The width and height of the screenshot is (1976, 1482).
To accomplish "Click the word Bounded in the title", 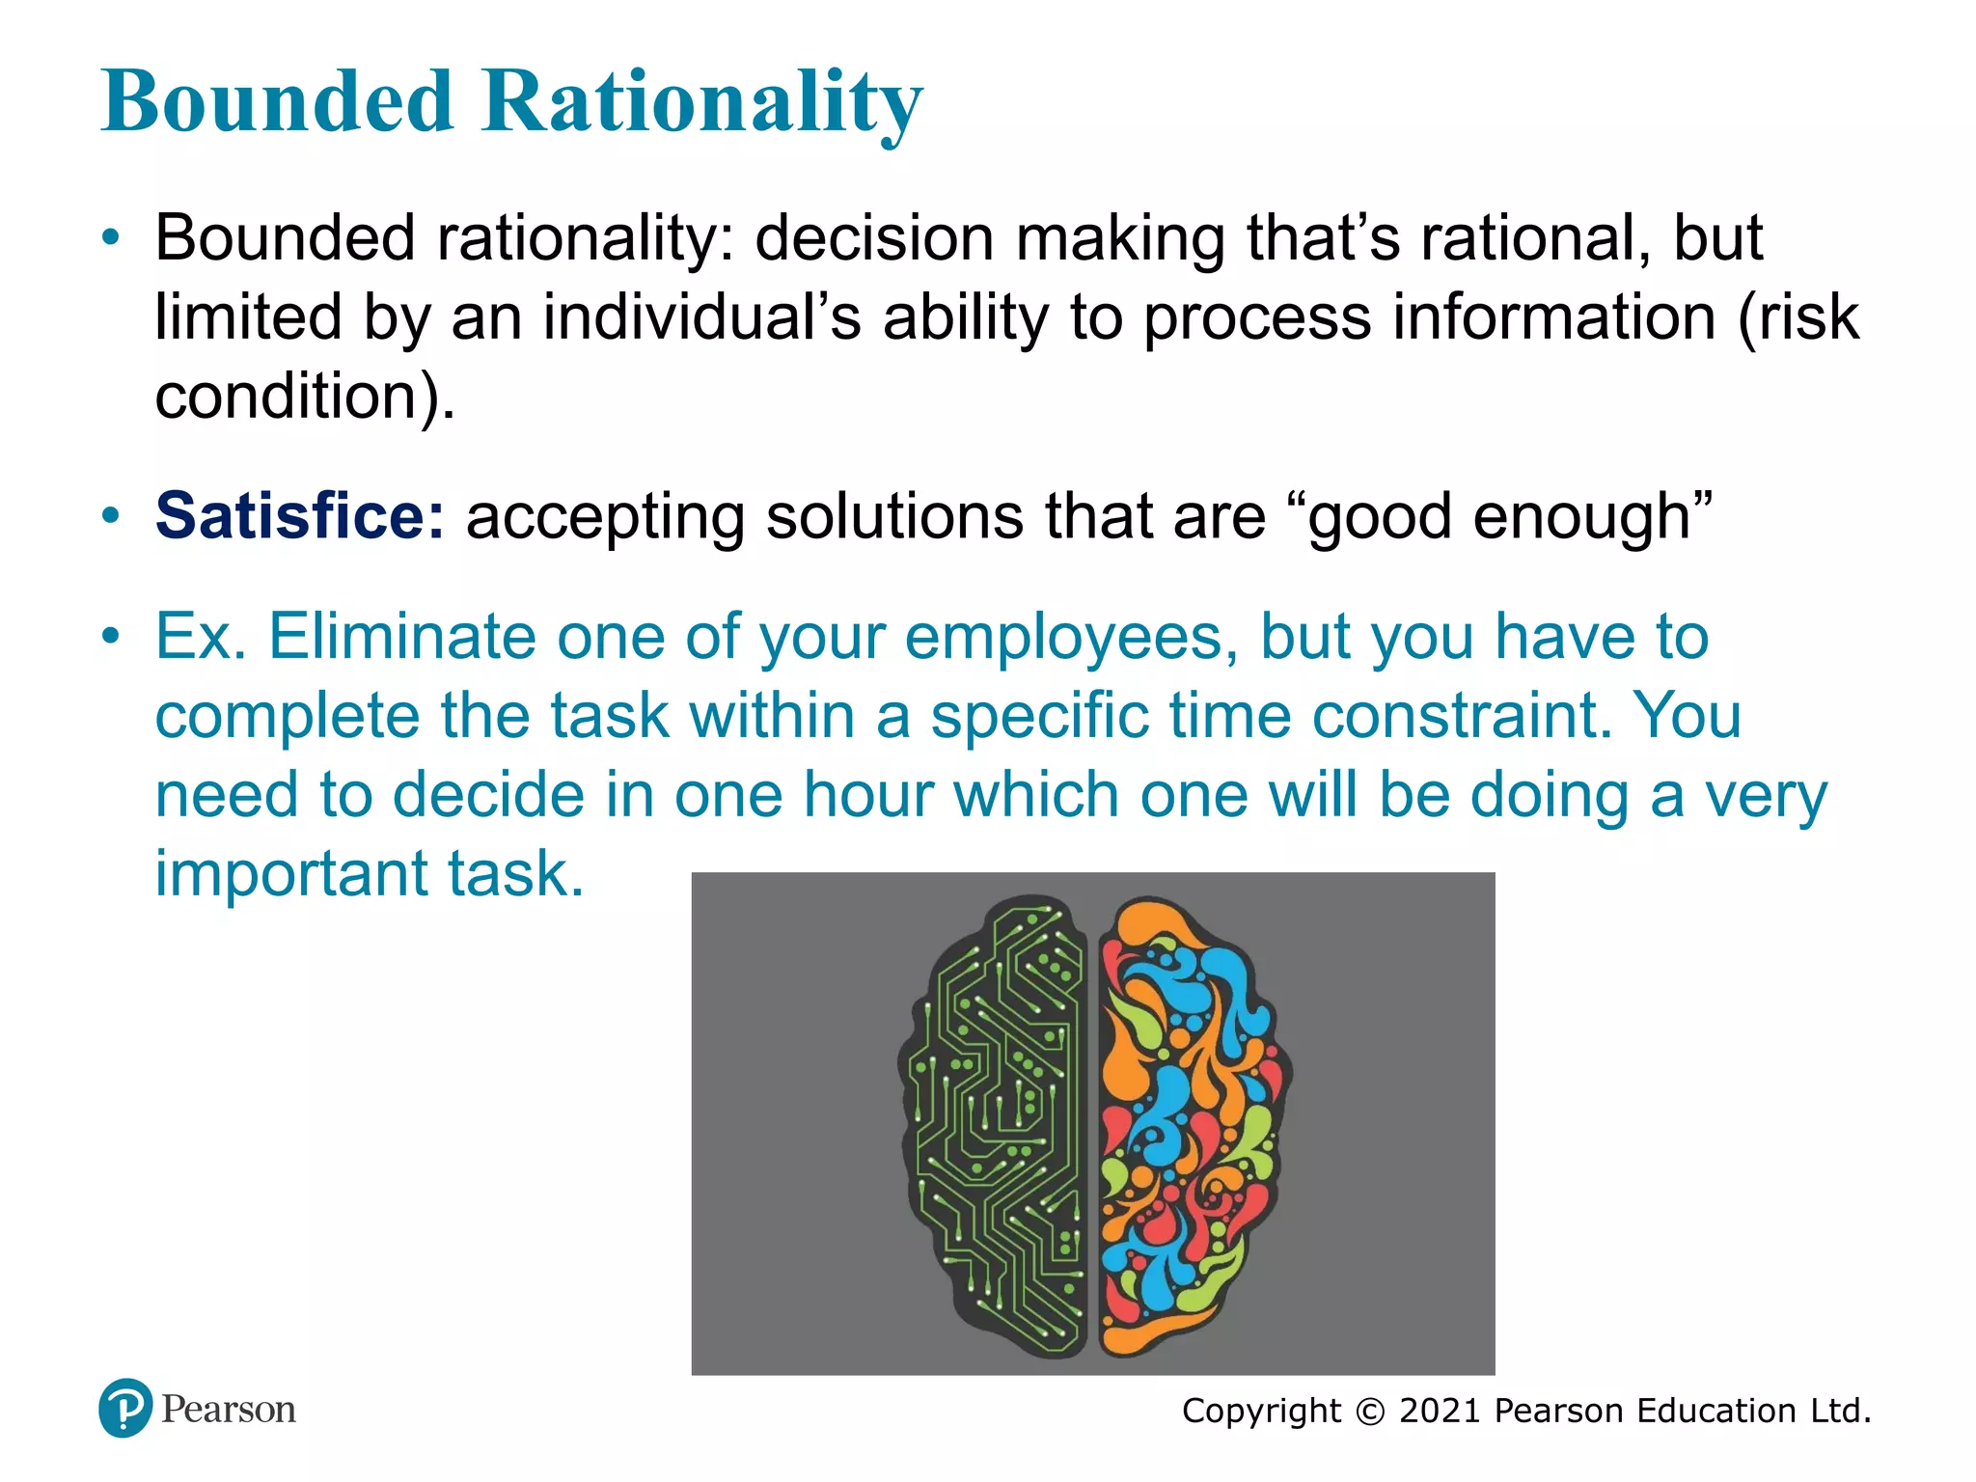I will [x=278, y=102].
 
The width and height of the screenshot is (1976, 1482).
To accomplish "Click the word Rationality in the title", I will [x=701, y=102].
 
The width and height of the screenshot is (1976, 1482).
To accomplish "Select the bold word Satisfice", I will [x=299, y=516].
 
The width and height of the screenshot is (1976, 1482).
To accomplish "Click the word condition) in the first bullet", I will [x=304, y=397].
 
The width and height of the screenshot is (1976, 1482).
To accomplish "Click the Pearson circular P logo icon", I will [x=125, y=1409].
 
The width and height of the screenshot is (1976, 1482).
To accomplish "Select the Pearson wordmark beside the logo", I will [x=229, y=1410].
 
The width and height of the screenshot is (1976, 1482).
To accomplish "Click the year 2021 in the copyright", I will [x=1440, y=1412].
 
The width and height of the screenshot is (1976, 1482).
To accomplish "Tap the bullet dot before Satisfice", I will [x=112, y=515].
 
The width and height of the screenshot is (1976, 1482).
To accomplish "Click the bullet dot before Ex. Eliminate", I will [x=112, y=636].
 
